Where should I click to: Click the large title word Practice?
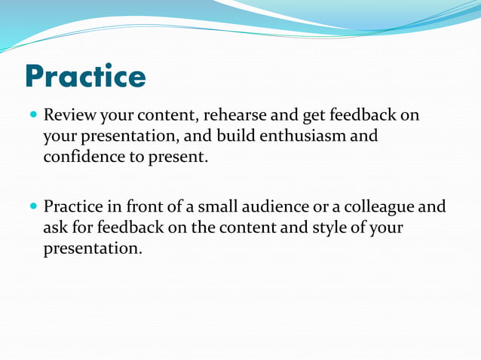click(85, 77)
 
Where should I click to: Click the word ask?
click(55, 227)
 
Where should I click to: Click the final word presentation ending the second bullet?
click(92, 248)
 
